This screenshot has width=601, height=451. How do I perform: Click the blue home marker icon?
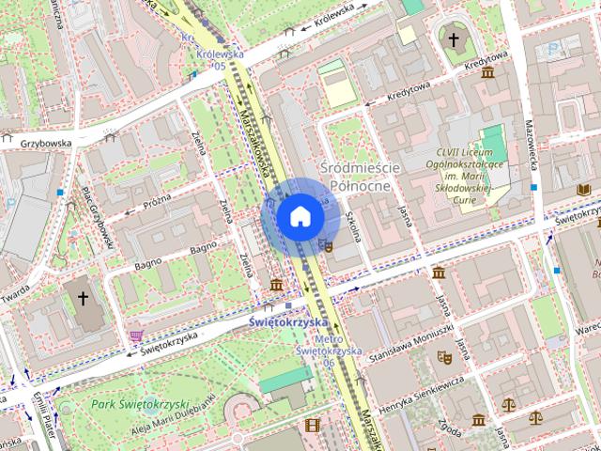(x=300, y=217)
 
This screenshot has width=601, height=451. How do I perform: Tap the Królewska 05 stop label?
(x=214, y=59)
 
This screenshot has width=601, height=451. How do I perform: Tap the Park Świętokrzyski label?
(x=136, y=404)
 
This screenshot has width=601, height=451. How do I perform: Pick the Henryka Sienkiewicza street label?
(x=422, y=395)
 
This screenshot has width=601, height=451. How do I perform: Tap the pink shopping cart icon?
(x=135, y=334)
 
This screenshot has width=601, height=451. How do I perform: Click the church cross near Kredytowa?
(x=454, y=40)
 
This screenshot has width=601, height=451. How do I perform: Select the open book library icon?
(x=583, y=190)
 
